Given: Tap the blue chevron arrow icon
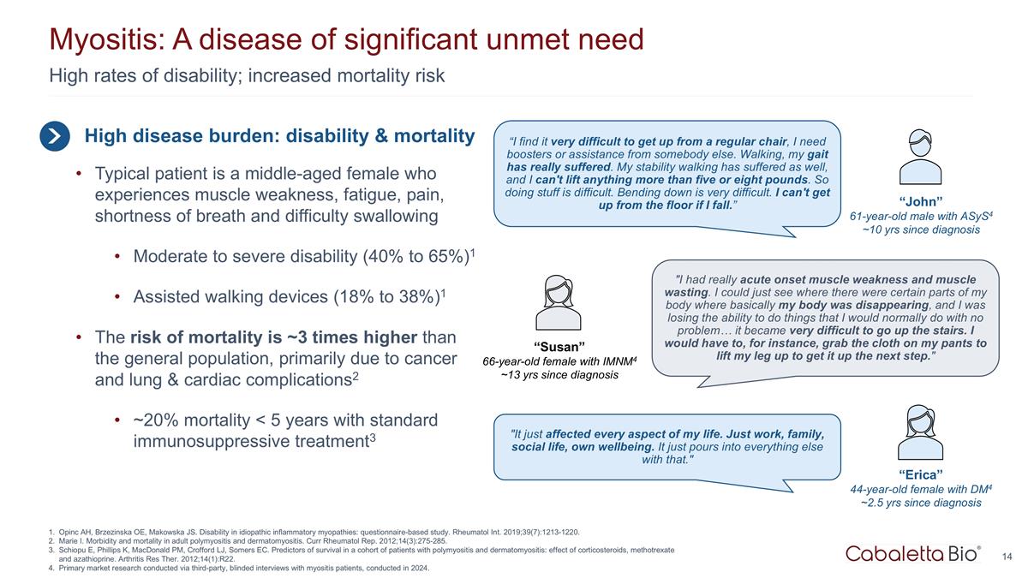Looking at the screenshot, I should pyautogui.click(x=54, y=136).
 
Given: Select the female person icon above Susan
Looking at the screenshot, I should pyautogui.click(x=559, y=303).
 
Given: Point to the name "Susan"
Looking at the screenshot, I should pyautogui.click(x=559, y=346).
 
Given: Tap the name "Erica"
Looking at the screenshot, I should pyautogui.click(x=921, y=474).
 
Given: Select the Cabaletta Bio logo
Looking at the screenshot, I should pyautogui.click(x=913, y=554).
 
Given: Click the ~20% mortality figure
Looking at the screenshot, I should pyautogui.click(x=152, y=421).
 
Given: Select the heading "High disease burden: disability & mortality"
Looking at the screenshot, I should pyautogui.click(x=279, y=136).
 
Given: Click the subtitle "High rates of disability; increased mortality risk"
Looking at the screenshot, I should pyautogui.click(x=247, y=75).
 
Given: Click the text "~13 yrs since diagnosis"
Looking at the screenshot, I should pyautogui.click(x=559, y=376).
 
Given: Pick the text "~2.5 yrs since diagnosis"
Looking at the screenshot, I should pyautogui.click(x=921, y=503).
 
